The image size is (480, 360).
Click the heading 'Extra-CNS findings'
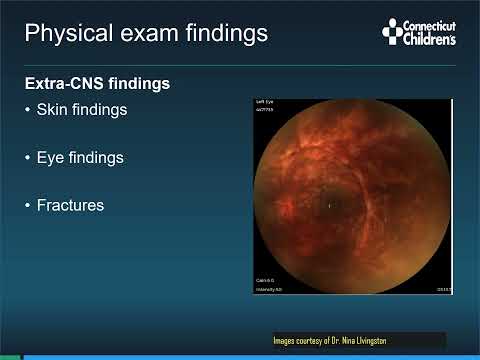[96, 84]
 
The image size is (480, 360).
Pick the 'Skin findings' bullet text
[82, 110]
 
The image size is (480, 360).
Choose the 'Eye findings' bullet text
[81, 158]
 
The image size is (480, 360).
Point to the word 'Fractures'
[70, 206]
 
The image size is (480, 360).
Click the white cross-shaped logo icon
[392, 33]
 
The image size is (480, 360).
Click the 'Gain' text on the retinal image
[263, 281]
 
